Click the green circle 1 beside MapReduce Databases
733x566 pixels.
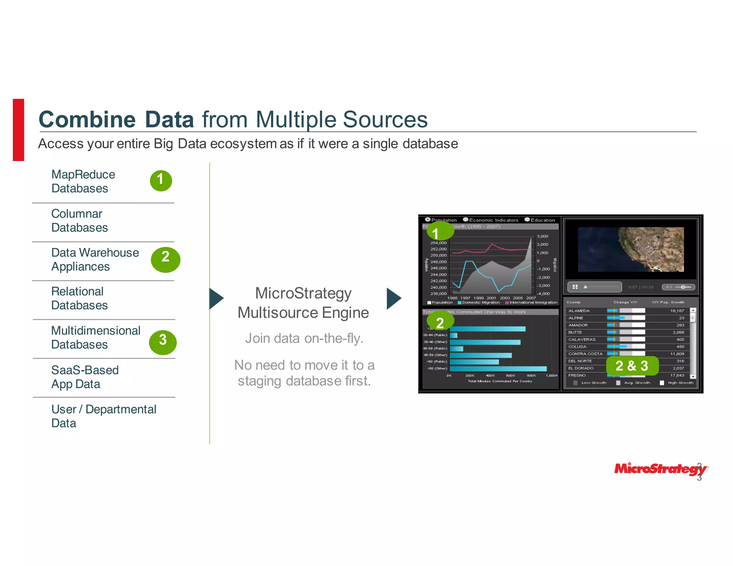(x=161, y=180)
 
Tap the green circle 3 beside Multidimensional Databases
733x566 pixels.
(x=163, y=342)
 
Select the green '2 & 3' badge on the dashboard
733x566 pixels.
(x=632, y=366)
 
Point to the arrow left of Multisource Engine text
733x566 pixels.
(x=216, y=298)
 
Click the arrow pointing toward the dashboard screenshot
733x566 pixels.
(x=394, y=298)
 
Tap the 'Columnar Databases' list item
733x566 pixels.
(x=79, y=220)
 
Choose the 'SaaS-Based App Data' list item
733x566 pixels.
(x=85, y=377)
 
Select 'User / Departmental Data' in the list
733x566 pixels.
(x=103, y=416)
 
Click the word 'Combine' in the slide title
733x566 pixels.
(x=87, y=119)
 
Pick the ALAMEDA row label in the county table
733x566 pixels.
(x=579, y=311)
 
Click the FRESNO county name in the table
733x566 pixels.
(x=577, y=375)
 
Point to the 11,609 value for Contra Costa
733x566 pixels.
(x=677, y=354)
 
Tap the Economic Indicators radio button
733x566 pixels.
(x=466, y=220)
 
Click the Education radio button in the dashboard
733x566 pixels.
(x=527, y=220)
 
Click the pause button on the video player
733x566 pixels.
(x=575, y=287)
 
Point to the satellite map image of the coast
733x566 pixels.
(x=631, y=249)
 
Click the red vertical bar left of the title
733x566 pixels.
(x=19, y=130)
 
